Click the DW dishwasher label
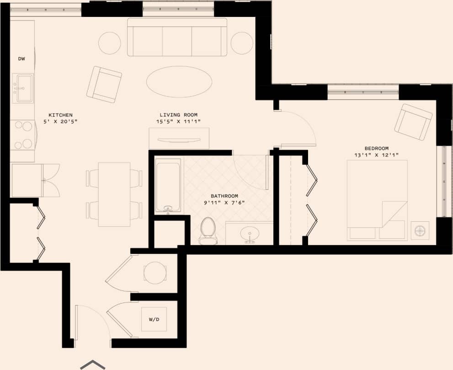pos(21,59)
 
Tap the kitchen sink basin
pos(23,88)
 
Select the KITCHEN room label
pos(60,115)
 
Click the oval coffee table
pos(179,82)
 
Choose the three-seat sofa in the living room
pos(177,38)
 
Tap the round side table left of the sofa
pos(110,43)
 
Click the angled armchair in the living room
pos(104,84)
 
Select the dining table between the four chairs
pos(114,194)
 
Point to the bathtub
pos(168,185)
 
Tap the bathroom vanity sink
pos(250,233)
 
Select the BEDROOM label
pos(376,148)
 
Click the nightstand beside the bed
pos(420,231)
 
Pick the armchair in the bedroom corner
pos(413,122)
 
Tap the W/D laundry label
pos(154,319)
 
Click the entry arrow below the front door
pos(93,365)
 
